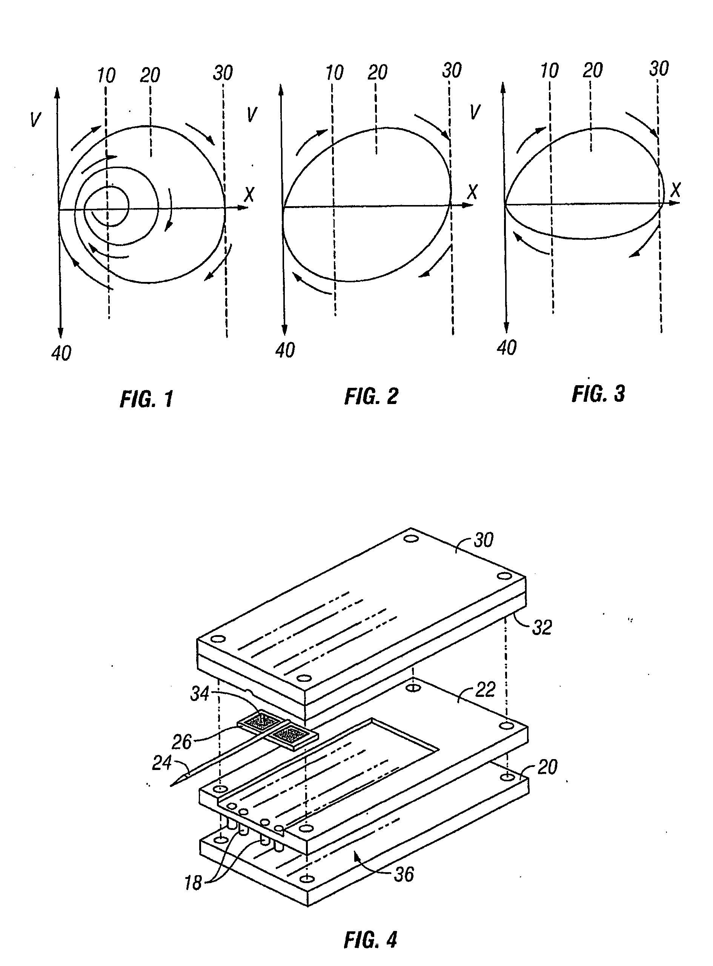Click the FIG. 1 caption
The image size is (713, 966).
point(147,398)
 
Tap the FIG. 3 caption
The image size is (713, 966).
point(598,394)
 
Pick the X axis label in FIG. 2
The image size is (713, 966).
point(473,191)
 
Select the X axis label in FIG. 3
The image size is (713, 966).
point(675,190)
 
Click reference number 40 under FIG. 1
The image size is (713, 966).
point(61,353)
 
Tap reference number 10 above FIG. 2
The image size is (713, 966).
point(335,73)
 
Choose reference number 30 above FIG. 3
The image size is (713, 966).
point(659,69)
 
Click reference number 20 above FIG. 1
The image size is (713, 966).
point(150,75)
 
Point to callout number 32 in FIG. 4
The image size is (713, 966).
point(542,628)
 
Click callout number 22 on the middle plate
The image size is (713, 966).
point(485,690)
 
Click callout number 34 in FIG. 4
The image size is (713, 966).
point(200,694)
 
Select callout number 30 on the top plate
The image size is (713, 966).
point(483,540)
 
